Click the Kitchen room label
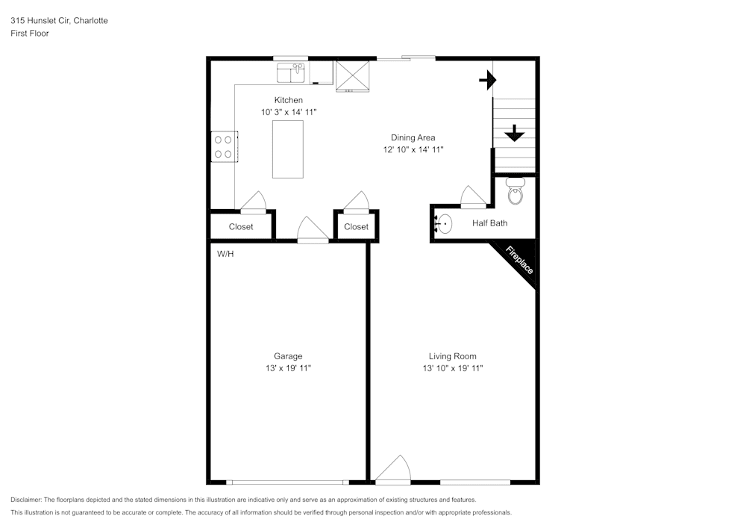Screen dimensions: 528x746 coord(288,100)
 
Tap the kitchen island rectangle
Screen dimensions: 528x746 coord(288,149)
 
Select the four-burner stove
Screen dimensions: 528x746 coord(223,146)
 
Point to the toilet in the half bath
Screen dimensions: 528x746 coord(515,192)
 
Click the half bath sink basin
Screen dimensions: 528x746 coord(444,223)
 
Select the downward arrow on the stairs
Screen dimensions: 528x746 coord(514,133)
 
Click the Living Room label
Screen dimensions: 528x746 coord(452,356)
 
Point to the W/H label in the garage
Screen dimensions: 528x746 coord(225,255)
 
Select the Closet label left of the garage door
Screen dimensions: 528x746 coord(241,226)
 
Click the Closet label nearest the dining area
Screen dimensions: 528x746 coord(356,226)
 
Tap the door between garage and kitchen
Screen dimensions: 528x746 coord(313,231)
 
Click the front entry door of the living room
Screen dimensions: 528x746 coord(393,470)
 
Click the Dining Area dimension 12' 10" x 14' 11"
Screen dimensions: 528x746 coord(413,149)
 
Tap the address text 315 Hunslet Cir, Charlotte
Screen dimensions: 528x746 coord(59,21)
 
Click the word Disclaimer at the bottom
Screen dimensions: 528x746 coord(26,500)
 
